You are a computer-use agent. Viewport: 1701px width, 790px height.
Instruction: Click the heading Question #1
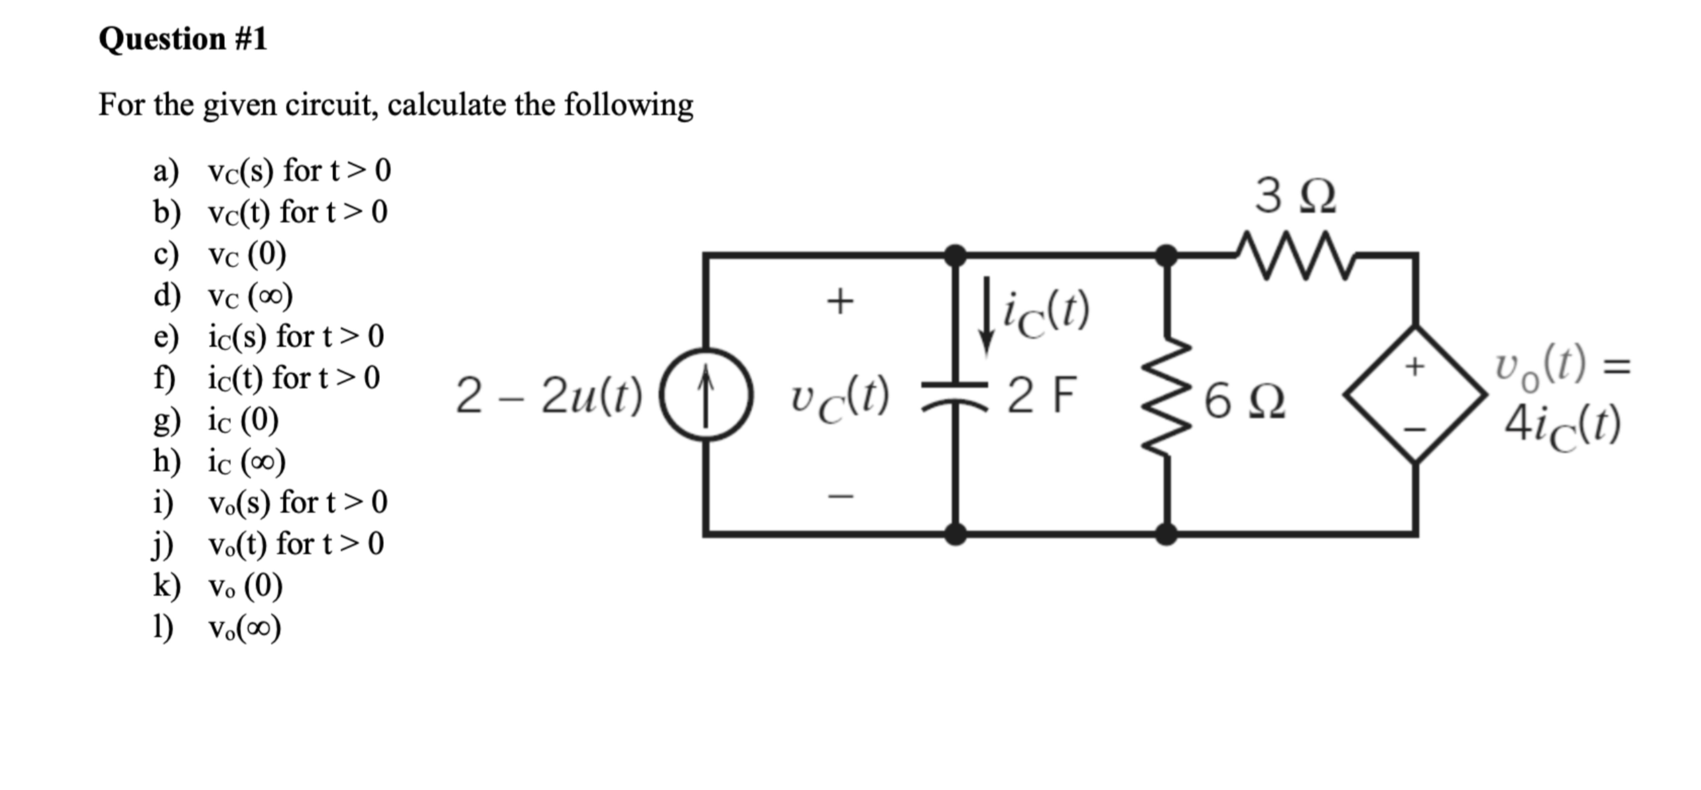pos(183,39)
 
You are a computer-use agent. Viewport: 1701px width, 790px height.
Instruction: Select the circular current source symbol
pos(706,395)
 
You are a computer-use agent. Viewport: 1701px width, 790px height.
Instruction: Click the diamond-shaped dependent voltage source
pos(1415,395)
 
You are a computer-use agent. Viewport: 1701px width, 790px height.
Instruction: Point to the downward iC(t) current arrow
pos(986,315)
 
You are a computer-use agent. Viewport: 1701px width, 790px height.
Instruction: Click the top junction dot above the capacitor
pos(955,255)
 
